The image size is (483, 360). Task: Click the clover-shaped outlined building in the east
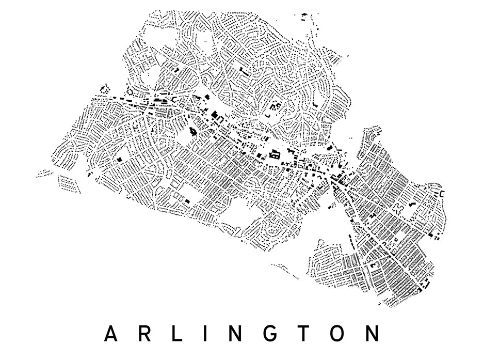[x=398, y=209]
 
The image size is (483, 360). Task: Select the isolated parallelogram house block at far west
[x=69, y=184]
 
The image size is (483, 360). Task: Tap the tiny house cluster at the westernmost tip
[x=44, y=174]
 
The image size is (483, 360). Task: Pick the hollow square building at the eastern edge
[x=442, y=194]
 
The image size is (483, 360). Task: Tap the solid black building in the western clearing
[x=121, y=160]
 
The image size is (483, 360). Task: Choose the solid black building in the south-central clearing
[x=187, y=201]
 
